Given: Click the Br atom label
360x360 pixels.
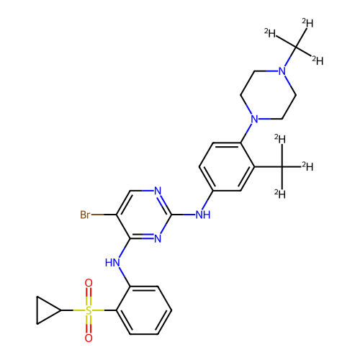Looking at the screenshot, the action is pos(85,215).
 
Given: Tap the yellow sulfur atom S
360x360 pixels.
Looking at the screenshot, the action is pos(89,310).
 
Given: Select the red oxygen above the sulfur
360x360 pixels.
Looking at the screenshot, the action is pos(89,283).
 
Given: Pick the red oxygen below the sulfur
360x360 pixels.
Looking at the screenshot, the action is pos(89,338).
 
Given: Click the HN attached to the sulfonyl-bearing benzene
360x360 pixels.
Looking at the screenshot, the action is pos(112,263).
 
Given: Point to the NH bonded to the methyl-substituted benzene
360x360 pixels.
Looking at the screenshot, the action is pos(203,215).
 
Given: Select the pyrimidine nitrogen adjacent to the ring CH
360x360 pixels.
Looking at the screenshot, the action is pos(158,191).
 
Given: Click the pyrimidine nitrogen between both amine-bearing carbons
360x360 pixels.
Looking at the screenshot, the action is pos(158,238).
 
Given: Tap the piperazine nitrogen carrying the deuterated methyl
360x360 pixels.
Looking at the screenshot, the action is pos(282,71).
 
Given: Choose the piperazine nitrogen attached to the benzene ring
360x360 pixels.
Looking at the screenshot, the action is pos(254,119).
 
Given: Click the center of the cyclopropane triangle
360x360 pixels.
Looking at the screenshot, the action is pos(45,310).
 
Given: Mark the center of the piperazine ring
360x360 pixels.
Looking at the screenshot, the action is pos(268,95).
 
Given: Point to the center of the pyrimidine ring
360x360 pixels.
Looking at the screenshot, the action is pos(144,215).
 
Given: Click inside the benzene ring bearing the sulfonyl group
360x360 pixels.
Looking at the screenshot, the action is pos(144,310).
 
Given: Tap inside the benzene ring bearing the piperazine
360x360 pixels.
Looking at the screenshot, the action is pos(227,166).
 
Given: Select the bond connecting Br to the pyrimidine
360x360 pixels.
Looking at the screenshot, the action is pos(104,215).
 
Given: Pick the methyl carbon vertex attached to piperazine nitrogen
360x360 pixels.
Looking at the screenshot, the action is pos(296,47).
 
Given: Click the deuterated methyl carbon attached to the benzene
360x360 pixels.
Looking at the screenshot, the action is pos(282,166).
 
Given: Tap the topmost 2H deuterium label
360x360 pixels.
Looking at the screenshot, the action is pos(307,23).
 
